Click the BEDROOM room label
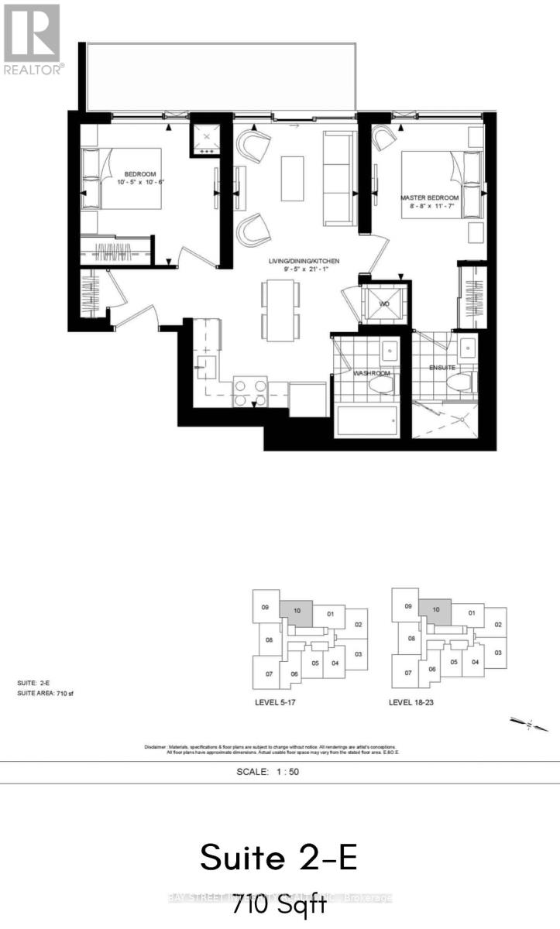click(x=126, y=174)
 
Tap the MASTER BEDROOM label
click(x=429, y=197)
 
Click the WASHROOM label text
click(x=369, y=373)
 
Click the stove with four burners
click(x=250, y=393)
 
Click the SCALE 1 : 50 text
click(x=280, y=772)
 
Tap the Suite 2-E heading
click(x=280, y=859)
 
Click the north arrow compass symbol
click(x=529, y=725)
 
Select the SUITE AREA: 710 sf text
click(x=46, y=694)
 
